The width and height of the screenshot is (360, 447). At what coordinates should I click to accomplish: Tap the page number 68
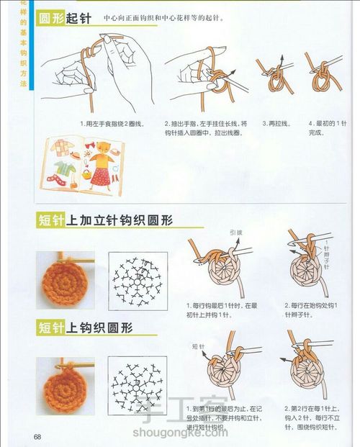click(x=37, y=436)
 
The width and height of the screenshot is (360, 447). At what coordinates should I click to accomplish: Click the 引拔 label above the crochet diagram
click(x=235, y=233)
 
